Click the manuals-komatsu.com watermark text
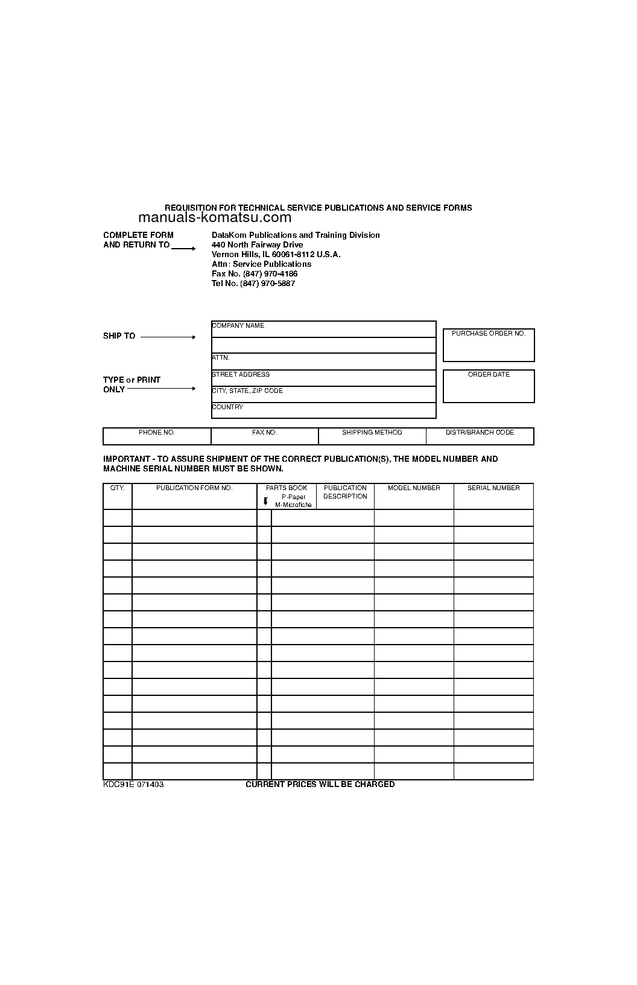click(215, 218)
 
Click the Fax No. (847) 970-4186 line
click(254, 274)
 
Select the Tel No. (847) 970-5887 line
click(253, 284)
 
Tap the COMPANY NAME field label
click(238, 326)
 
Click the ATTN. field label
click(221, 358)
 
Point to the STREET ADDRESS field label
click(241, 375)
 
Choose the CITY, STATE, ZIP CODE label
click(247, 391)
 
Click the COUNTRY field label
click(227, 407)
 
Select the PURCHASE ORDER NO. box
click(489, 345)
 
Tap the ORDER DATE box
click(489, 386)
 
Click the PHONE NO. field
click(157, 436)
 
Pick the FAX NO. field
click(264, 436)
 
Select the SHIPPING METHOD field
click(372, 436)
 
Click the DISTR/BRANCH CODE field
click(480, 436)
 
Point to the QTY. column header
click(118, 488)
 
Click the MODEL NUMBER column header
click(414, 488)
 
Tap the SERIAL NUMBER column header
click(493, 488)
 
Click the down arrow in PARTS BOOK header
click(265, 501)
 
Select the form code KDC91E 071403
click(133, 785)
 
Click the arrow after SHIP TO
click(168, 337)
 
